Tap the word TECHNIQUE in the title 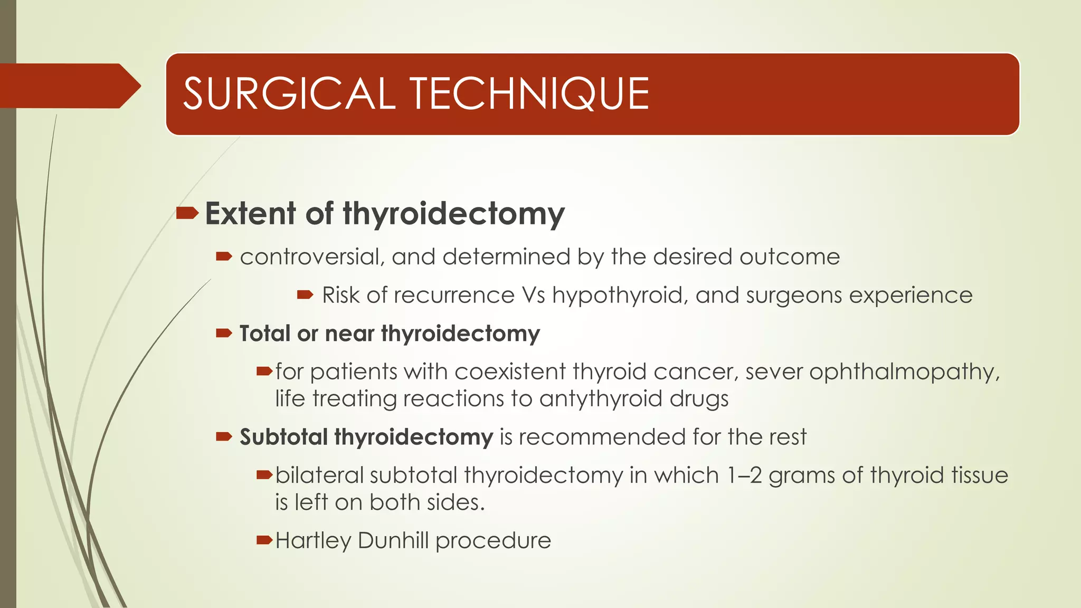point(529,94)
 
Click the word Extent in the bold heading point(250,214)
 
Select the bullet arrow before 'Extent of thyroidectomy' point(187,213)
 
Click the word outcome point(790,257)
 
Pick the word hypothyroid point(620,296)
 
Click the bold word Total point(264,334)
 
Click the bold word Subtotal point(284,437)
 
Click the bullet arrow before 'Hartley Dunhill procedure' point(264,540)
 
